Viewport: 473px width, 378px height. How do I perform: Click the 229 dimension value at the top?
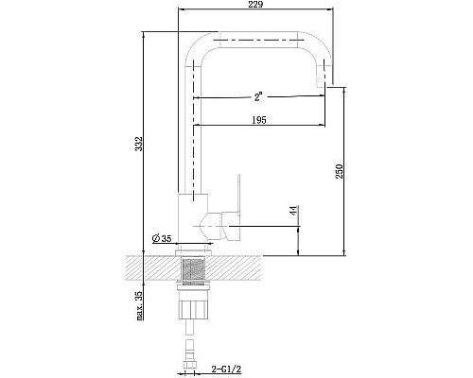(x=255, y=5)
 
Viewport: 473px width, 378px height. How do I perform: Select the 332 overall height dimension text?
(x=139, y=144)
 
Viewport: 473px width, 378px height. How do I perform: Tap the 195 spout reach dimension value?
(x=259, y=120)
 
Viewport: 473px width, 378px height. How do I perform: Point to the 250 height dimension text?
(x=339, y=171)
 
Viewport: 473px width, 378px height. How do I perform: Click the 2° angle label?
(x=258, y=96)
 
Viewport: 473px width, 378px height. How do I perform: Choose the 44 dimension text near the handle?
(x=293, y=211)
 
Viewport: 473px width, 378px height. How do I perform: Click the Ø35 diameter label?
(x=162, y=238)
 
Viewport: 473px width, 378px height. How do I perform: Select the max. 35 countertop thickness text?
(x=139, y=305)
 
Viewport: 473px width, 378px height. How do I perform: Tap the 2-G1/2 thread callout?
(x=226, y=369)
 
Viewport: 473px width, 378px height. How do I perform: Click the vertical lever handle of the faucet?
(x=238, y=195)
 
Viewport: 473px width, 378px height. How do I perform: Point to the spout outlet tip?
(x=322, y=85)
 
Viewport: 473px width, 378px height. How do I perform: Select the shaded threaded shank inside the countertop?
(x=193, y=269)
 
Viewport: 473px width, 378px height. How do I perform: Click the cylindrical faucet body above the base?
(x=193, y=218)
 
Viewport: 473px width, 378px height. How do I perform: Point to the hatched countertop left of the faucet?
(x=151, y=268)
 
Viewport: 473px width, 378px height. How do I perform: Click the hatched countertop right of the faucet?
(x=235, y=268)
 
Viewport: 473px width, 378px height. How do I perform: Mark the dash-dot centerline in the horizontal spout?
(x=258, y=40)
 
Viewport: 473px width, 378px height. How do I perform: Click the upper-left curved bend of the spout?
(x=197, y=47)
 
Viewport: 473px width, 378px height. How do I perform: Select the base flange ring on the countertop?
(x=193, y=252)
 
